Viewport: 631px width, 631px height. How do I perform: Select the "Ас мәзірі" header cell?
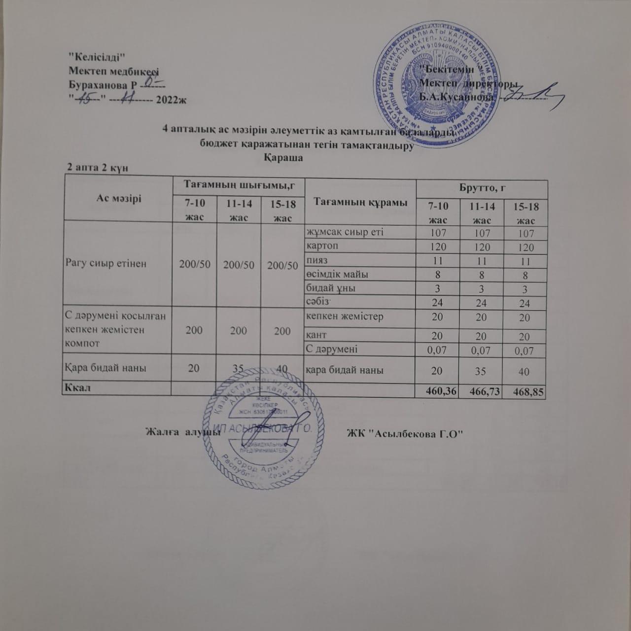coord(118,198)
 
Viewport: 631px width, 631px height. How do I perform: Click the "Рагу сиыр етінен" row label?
coord(105,263)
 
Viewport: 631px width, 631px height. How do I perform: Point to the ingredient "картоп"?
coord(322,245)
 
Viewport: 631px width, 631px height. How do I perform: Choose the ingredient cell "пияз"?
coord(317,259)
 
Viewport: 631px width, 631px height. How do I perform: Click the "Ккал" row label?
coord(77,387)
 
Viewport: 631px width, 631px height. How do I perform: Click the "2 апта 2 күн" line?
coord(98,167)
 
